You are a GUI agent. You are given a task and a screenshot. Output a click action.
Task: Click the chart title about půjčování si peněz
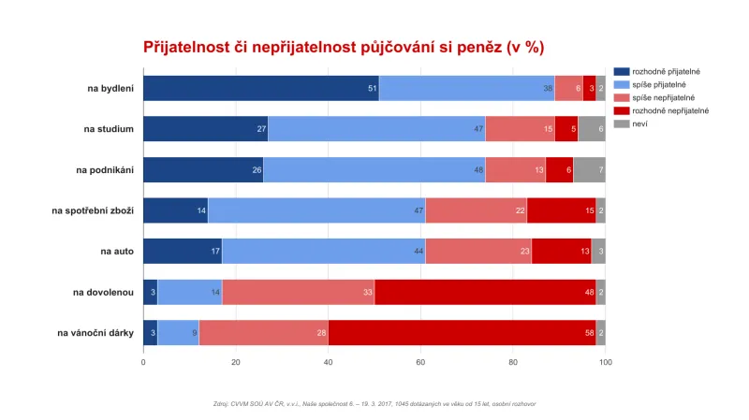tap(343, 47)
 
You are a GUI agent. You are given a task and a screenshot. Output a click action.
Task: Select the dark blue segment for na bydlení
tap(260, 88)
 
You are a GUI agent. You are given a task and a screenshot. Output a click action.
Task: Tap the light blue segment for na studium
tap(376, 129)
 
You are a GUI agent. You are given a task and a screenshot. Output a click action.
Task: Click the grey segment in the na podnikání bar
tap(589, 169)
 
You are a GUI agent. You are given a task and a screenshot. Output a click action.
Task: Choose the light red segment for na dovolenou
tap(298, 292)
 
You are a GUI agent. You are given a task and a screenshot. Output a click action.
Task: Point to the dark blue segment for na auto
tap(182, 251)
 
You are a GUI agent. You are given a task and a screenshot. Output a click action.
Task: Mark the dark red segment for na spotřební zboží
tap(561, 210)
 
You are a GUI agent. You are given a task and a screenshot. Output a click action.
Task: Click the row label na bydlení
tap(110, 88)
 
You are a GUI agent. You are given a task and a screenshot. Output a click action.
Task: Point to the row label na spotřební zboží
tap(93, 210)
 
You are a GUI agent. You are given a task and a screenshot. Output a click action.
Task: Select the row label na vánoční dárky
tap(95, 332)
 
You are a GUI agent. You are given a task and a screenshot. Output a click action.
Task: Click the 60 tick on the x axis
tap(420, 362)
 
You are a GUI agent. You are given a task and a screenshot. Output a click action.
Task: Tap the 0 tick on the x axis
tap(143, 362)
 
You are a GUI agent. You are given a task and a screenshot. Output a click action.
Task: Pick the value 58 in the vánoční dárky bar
tap(588, 333)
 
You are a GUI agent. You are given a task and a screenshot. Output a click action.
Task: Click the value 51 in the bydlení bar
tap(372, 89)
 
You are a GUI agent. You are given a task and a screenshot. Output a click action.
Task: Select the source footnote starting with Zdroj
tap(374, 404)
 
